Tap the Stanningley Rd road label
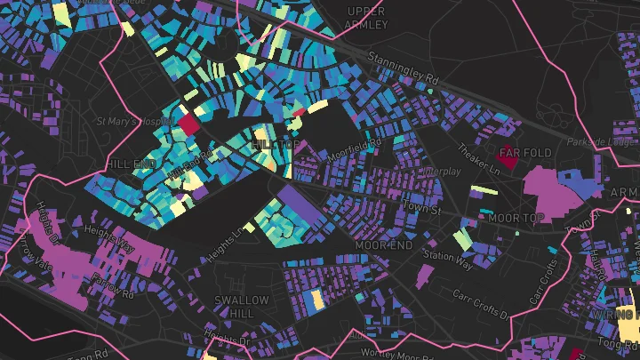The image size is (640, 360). click(x=403, y=71)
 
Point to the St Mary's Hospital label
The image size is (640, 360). click(x=134, y=121)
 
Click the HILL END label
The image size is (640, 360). click(x=130, y=164)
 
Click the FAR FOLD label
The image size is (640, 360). click(x=525, y=153)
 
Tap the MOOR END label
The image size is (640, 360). click(x=384, y=244)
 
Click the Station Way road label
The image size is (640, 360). click(x=448, y=257)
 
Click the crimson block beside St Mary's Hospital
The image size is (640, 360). click(x=190, y=123)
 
